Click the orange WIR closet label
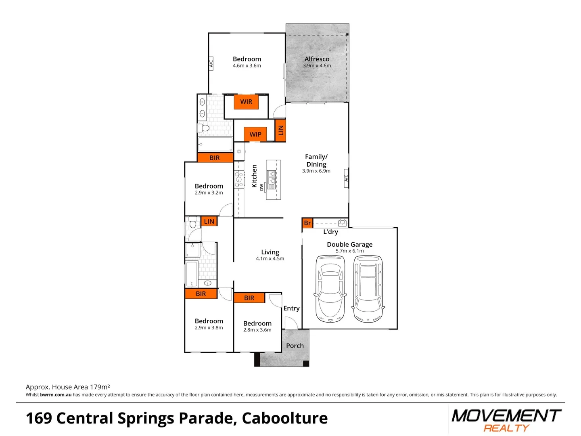[x=246, y=102]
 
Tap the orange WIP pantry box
[x=255, y=134]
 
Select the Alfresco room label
[x=317, y=59]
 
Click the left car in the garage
[x=330, y=289]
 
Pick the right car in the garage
[x=368, y=289]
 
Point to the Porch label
[x=295, y=346]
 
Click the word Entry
[x=291, y=308]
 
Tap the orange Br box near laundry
[x=307, y=223]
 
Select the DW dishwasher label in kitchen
[x=261, y=187]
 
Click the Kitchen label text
[x=254, y=176]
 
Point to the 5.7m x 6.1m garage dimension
[x=349, y=251]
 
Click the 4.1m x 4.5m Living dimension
[x=270, y=259]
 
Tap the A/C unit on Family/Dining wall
[x=346, y=178]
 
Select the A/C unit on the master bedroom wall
[x=211, y=63]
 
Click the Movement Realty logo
[x=506, y=420]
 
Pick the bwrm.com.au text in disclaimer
[x=56, y=395]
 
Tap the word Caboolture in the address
[x=284, y=418]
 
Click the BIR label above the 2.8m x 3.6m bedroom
[x=249, y=298]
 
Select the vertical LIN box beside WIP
[x=280, y=130]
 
